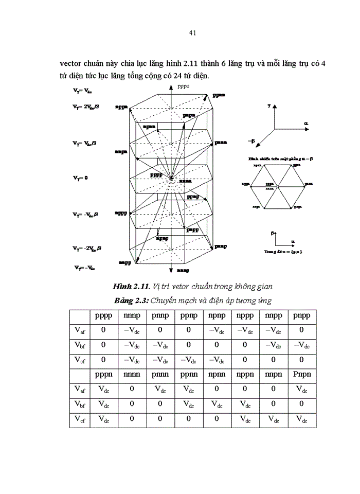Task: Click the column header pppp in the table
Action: pos(103,315)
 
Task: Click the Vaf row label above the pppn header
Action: pos(79,330)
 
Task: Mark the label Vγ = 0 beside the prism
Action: pos(80,178)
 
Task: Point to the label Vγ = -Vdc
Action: pos(85,268)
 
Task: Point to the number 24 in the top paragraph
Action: pos(174,76)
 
